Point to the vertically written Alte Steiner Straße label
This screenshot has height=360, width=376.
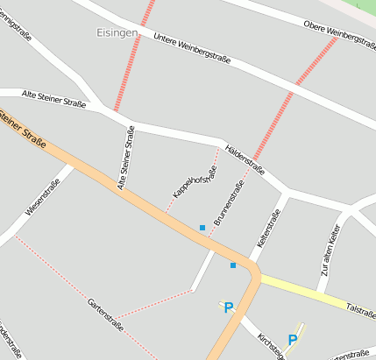coord(126,158)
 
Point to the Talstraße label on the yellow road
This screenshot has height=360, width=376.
coord(361,309)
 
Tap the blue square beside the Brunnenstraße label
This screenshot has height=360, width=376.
coord(202,228)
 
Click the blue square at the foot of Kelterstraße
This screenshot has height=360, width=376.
coord(233,265)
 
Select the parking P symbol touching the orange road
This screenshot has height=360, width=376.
coord(229,307)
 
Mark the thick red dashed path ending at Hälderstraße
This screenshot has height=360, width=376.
coord(281,107)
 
